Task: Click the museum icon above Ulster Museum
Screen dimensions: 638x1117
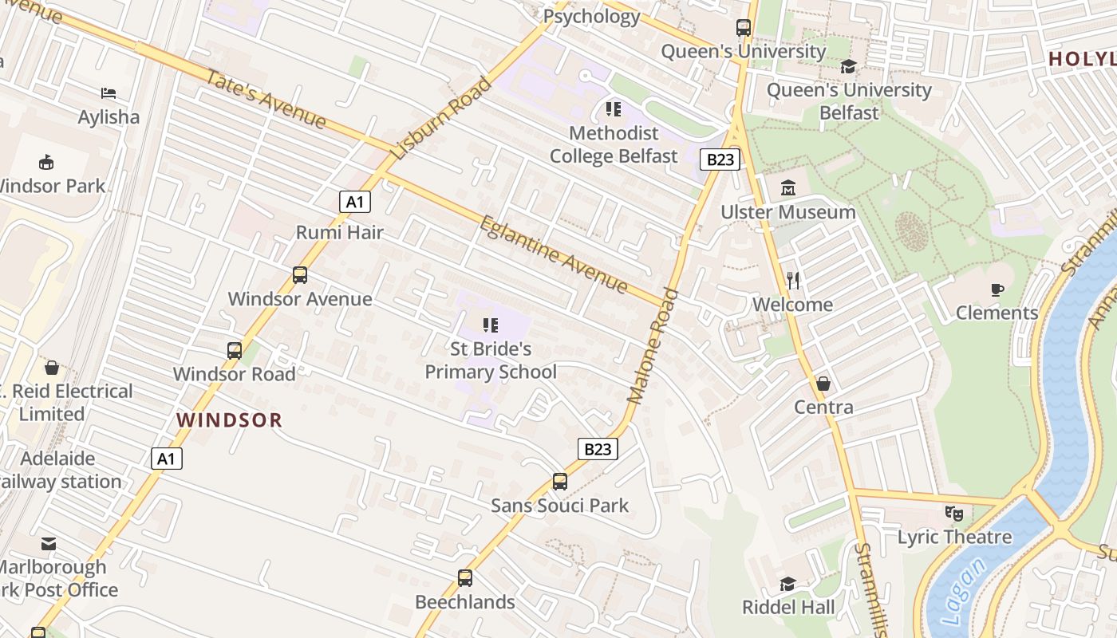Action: point(789,188)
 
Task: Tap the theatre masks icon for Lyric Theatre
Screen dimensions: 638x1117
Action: point(954,514)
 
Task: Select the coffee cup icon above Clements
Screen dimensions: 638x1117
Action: point(997,289)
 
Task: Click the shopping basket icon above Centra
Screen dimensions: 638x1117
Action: point(823,384)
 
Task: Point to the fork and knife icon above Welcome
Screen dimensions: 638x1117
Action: point(793,281)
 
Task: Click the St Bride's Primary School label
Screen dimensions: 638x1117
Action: point(491,360)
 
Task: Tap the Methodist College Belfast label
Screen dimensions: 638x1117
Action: point(614,144)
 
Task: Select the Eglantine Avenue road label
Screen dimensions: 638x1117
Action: point(554,254)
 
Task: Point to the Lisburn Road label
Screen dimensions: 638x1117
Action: point(441,118)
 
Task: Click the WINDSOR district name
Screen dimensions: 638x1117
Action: point(230,420)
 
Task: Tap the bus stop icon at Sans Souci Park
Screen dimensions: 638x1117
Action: point(560,482)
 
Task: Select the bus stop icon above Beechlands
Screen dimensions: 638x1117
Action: point(465,578)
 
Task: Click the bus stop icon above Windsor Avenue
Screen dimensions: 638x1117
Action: point(300,275)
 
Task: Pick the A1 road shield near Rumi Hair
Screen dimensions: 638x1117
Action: point(355,202)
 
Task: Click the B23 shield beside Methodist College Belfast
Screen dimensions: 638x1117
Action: point(720,159)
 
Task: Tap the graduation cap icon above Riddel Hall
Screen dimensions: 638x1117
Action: point(787,584)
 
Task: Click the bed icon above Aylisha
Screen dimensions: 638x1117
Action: point(109,94)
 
